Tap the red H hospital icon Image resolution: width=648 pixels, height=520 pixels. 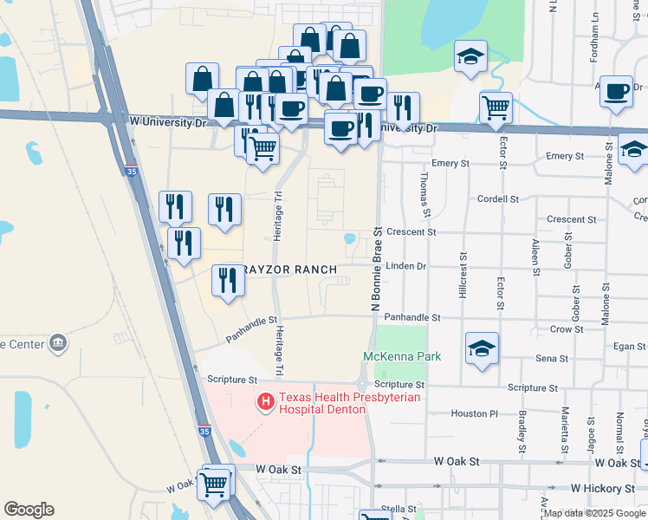click(266, 402)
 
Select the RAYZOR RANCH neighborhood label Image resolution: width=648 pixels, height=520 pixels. click(288, 270)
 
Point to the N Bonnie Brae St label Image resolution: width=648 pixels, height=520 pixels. click(377, 270)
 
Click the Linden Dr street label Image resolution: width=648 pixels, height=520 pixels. click(406, 266)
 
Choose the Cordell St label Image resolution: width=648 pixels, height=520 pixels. click(498, 198)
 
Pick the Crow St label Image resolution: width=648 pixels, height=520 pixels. click(566, 330)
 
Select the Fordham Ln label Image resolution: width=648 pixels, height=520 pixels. click(595, 35)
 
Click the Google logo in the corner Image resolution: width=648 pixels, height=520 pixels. click(28, 510)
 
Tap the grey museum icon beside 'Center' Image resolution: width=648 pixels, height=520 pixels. click(58, 343)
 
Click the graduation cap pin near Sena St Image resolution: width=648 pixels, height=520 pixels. click(482, 348)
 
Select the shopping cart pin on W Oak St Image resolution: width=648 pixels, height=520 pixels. click(214, 484)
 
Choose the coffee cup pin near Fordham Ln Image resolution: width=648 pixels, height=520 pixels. click(617, 91)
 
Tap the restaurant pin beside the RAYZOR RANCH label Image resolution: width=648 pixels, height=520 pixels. click(227, 280)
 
